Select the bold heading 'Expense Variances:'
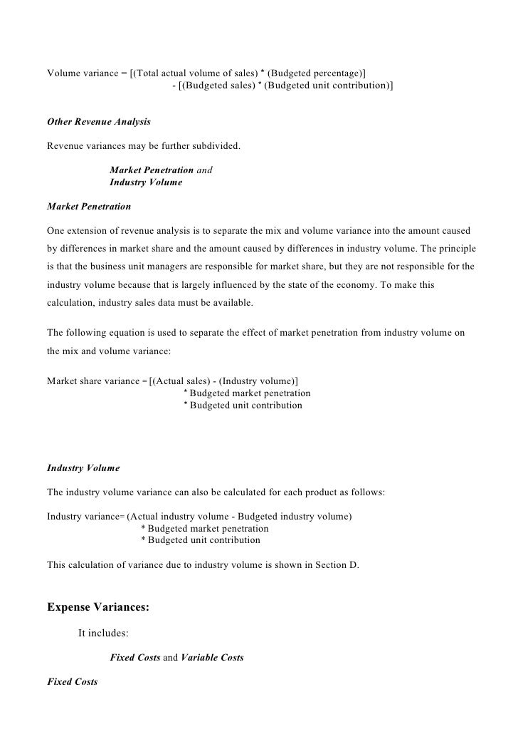(x=98, y=608)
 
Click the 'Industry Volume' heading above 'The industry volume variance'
(x=83, y=468)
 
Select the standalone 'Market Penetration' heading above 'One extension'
(x=89, y=206)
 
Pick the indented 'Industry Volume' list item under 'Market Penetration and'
(x=146, y=182)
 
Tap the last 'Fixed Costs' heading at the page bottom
(x=72, y=682)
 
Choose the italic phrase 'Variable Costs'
(x=212, y=658)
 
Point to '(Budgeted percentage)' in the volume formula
(x=317, y=72)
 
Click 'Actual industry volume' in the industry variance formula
(x=180, y=516)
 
